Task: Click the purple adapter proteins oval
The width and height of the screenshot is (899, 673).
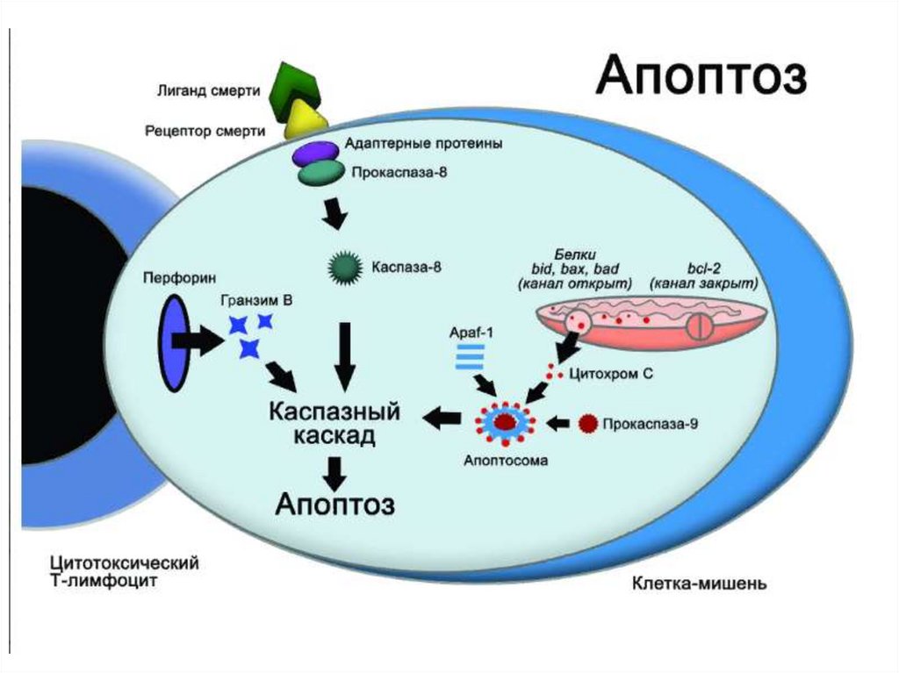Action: (314, 153)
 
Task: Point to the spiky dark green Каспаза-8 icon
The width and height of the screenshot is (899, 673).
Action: (343, 267)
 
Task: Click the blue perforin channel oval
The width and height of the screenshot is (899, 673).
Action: (173, 340)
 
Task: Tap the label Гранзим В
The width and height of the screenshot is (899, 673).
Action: (257, 300)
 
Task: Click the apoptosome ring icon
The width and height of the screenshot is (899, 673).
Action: (504, 423)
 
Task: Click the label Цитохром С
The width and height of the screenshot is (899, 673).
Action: (611, 373)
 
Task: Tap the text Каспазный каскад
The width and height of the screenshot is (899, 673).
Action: (334, 423)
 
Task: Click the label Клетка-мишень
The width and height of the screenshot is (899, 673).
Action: (701, 583)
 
